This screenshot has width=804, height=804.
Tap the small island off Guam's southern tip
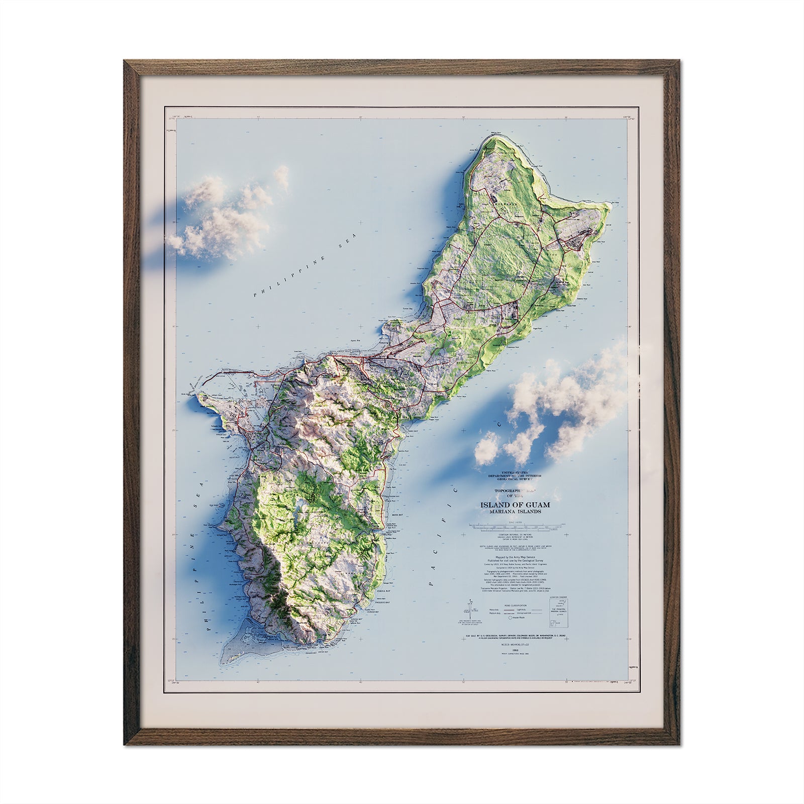pos(235,650)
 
